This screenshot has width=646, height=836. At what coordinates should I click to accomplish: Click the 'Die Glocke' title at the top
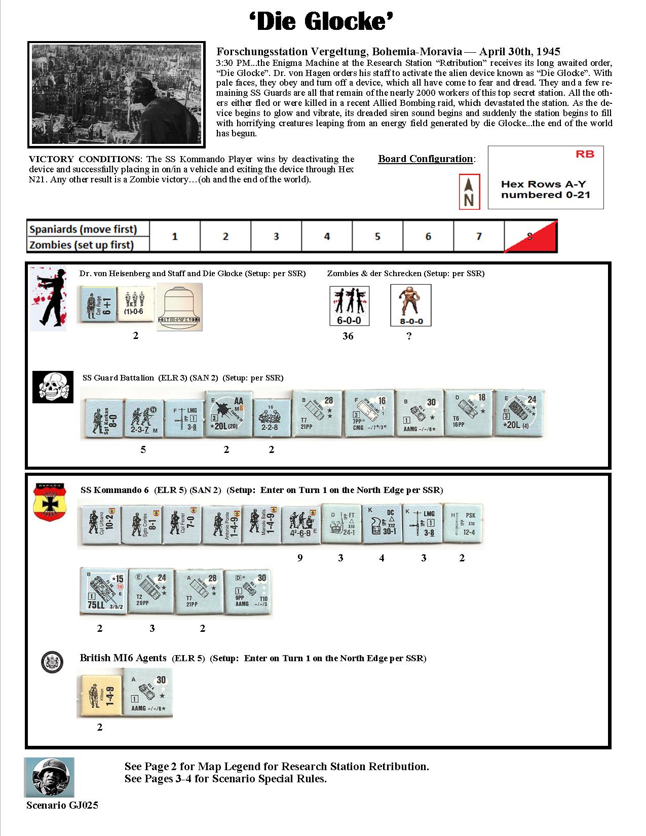tap(322, 23)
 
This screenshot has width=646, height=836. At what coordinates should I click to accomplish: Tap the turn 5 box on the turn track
tap(377, 237)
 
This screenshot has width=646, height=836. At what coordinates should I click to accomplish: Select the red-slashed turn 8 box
tap(530, 236)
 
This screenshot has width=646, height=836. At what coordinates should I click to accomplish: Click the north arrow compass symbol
tap(469, 192)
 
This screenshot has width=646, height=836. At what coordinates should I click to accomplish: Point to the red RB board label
tap(585, 154)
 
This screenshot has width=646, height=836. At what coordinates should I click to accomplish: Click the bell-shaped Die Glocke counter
tap(179, 307)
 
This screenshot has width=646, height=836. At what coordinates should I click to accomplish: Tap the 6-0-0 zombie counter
tap(349, 306)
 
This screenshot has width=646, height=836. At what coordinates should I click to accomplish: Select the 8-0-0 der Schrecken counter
tap(410, 306)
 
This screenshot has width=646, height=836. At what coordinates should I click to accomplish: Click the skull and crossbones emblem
tap(49, 387)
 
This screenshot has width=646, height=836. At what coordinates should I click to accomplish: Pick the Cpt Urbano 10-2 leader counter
tap(99, 526)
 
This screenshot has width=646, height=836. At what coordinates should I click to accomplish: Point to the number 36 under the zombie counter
tap(348, 336)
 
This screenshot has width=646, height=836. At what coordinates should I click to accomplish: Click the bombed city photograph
tap(116, 95)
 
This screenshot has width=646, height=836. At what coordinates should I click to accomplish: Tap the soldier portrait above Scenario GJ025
tap(49, 778)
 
